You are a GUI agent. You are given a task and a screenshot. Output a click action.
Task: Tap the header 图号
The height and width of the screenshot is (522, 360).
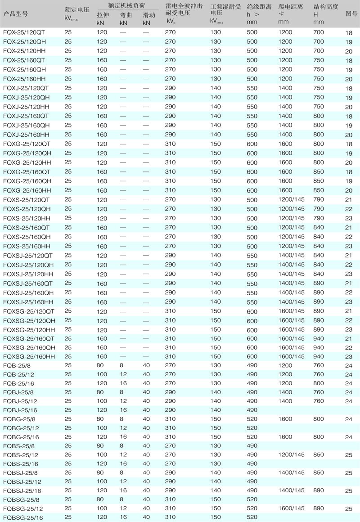coord(351,14)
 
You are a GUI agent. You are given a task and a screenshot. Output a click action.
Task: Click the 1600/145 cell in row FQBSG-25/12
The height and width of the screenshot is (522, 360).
coord(291,508)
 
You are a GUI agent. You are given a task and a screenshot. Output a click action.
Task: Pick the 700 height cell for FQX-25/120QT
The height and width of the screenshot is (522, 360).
coord(319,32)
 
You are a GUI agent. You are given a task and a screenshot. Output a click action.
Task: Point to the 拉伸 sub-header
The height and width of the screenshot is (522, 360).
coord(103,15)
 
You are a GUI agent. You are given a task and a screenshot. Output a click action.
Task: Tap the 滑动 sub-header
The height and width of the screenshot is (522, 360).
coord(148,15)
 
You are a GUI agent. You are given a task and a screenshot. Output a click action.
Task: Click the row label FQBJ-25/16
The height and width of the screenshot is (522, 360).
coord(20,410)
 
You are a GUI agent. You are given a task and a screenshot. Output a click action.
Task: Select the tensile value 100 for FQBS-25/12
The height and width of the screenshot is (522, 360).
coord(102,454)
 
